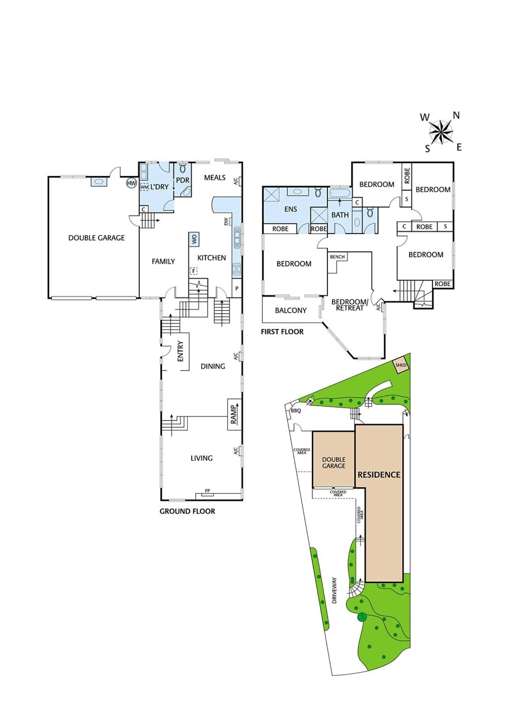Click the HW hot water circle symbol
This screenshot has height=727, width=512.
(x=131, y=183)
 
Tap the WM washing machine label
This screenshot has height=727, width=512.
(x=144, y=187)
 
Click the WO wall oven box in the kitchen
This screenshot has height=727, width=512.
(x=194, y=239)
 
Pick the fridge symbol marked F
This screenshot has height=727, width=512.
(x=194, y=271)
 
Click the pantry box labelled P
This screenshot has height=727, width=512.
(x=237, y=288)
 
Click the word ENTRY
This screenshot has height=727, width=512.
(x=180, y=351)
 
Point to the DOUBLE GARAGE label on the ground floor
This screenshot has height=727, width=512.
(x=97, y=238)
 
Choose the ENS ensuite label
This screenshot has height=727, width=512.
(x=290, y=209)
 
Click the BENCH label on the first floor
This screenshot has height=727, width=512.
(x=337, y=257)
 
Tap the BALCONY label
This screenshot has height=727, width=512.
(x=291, y=310)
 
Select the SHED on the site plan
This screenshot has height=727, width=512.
(x=401, y=365)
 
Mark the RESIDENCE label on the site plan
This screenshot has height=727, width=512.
(x=379, y=475)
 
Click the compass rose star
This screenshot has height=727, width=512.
(x=441, y=132)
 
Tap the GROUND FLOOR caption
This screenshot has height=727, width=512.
(x=187, y=511)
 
